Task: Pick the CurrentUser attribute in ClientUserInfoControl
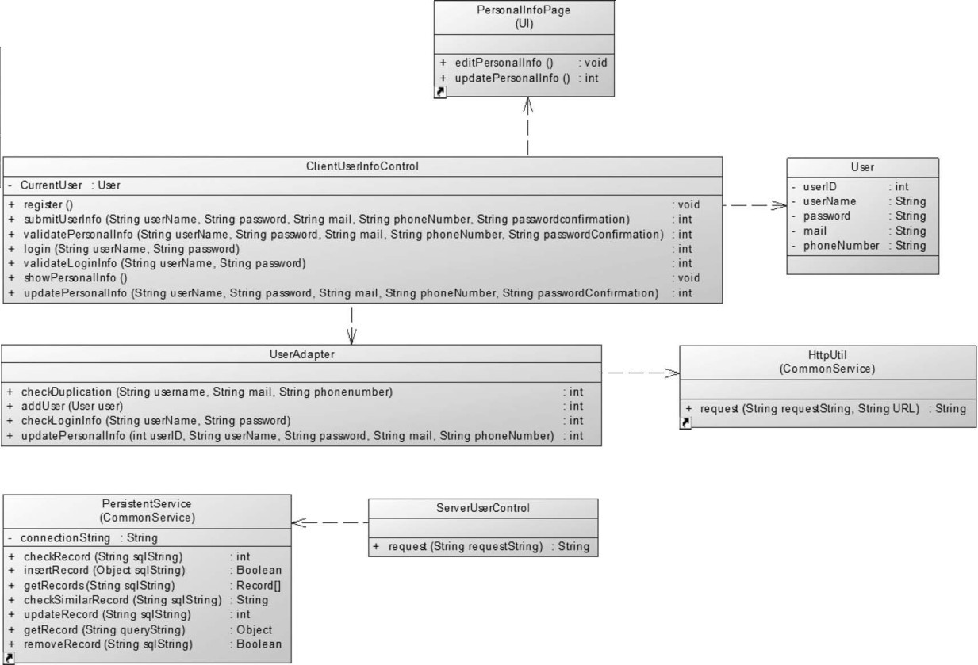[x=51, y=185]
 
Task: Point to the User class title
[x=861, y=167]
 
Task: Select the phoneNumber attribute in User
[x=841, y=246]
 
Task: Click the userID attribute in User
[x=820, y=187]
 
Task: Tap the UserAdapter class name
[x=301, y=354]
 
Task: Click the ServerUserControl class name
[x=483, y=508]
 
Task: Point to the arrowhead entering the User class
[x=780, y=205]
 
